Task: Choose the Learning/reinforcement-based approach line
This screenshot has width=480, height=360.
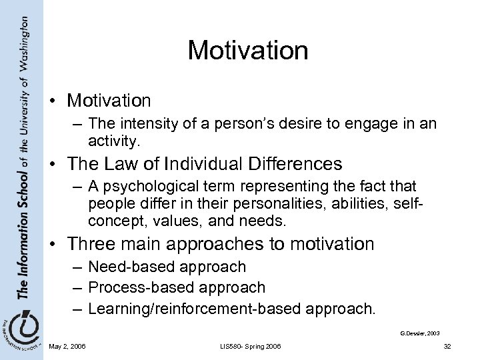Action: pos(232,309)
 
